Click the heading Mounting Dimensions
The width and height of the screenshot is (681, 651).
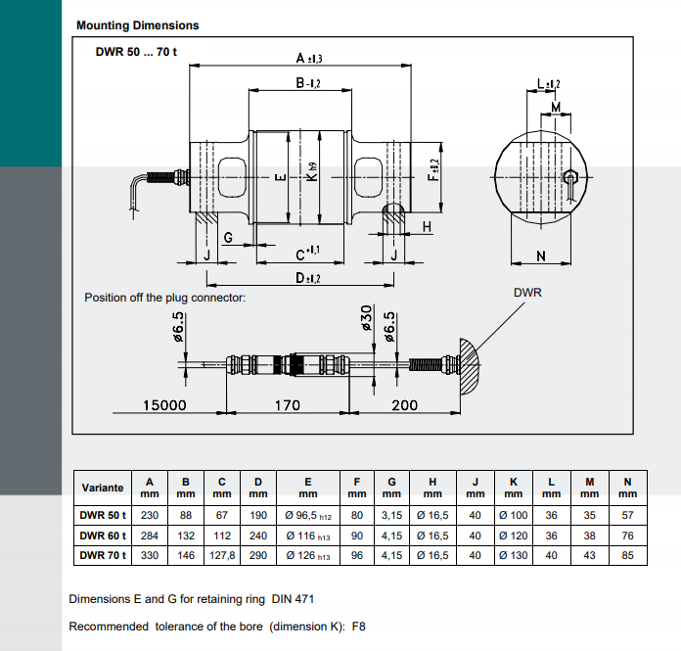(x=137, y=25)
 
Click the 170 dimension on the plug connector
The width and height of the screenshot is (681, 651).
(x=286, y=404)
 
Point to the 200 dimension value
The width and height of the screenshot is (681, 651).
(x=404, y=404)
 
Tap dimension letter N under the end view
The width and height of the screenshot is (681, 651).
(x=541, y=256)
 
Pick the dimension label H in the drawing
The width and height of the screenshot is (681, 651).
(x=427, y=227)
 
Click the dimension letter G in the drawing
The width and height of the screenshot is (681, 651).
(x=227, y=238)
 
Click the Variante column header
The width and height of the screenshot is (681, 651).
(x=103, y=488)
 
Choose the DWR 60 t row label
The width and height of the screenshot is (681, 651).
(x=104, y=535)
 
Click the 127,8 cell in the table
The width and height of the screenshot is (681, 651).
(x=222, y=555)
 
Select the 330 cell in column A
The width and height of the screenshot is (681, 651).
(x=149, y=555)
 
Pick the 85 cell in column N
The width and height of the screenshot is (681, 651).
(x=627, y=555)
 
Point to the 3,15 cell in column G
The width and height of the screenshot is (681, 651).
(x=391, y=515)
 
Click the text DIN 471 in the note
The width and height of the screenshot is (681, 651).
(x=295, y=598)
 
